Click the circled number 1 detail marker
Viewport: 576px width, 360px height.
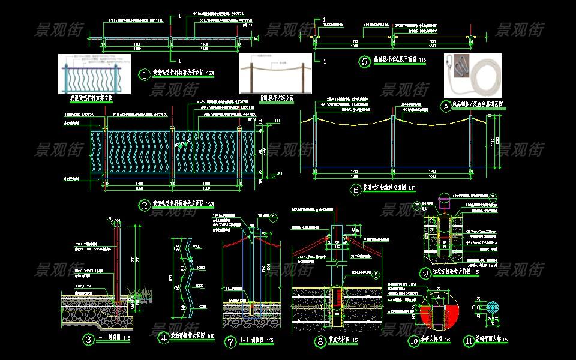click(144, 74)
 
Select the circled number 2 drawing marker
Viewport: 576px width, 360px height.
click(145, 205)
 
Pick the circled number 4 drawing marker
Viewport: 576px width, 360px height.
click(163, 337)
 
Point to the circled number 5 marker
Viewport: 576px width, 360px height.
click(364, 61)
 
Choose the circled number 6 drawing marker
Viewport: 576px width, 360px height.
click(356, 190)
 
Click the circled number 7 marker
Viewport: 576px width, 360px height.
click(230, 341)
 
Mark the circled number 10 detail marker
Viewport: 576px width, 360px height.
click(413, 341)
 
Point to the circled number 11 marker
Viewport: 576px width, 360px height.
click(469, 341)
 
